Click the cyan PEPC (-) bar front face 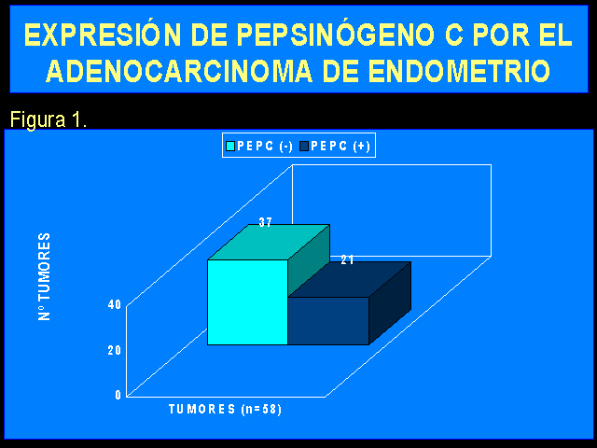tap(247, 302)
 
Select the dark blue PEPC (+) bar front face tap(328, 321)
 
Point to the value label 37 tap(265, 222)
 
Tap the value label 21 tap(347, 259)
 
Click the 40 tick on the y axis tap(114, 304)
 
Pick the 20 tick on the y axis tap(114, 350)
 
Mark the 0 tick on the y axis tap(118, 395)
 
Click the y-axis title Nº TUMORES tap(44, 276)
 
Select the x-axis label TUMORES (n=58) tap(225, 410)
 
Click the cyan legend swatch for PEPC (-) tap(230, 147)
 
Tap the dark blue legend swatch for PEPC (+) tap(304, 147)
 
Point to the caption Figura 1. tap(49, 119)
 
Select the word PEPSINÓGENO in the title tap(335, 35)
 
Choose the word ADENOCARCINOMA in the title tap(179, 71)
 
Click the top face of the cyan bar tap(269, 243)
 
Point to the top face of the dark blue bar tap(350, 280)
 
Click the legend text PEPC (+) tap(340, 147)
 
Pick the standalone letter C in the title tap(453, 35)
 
